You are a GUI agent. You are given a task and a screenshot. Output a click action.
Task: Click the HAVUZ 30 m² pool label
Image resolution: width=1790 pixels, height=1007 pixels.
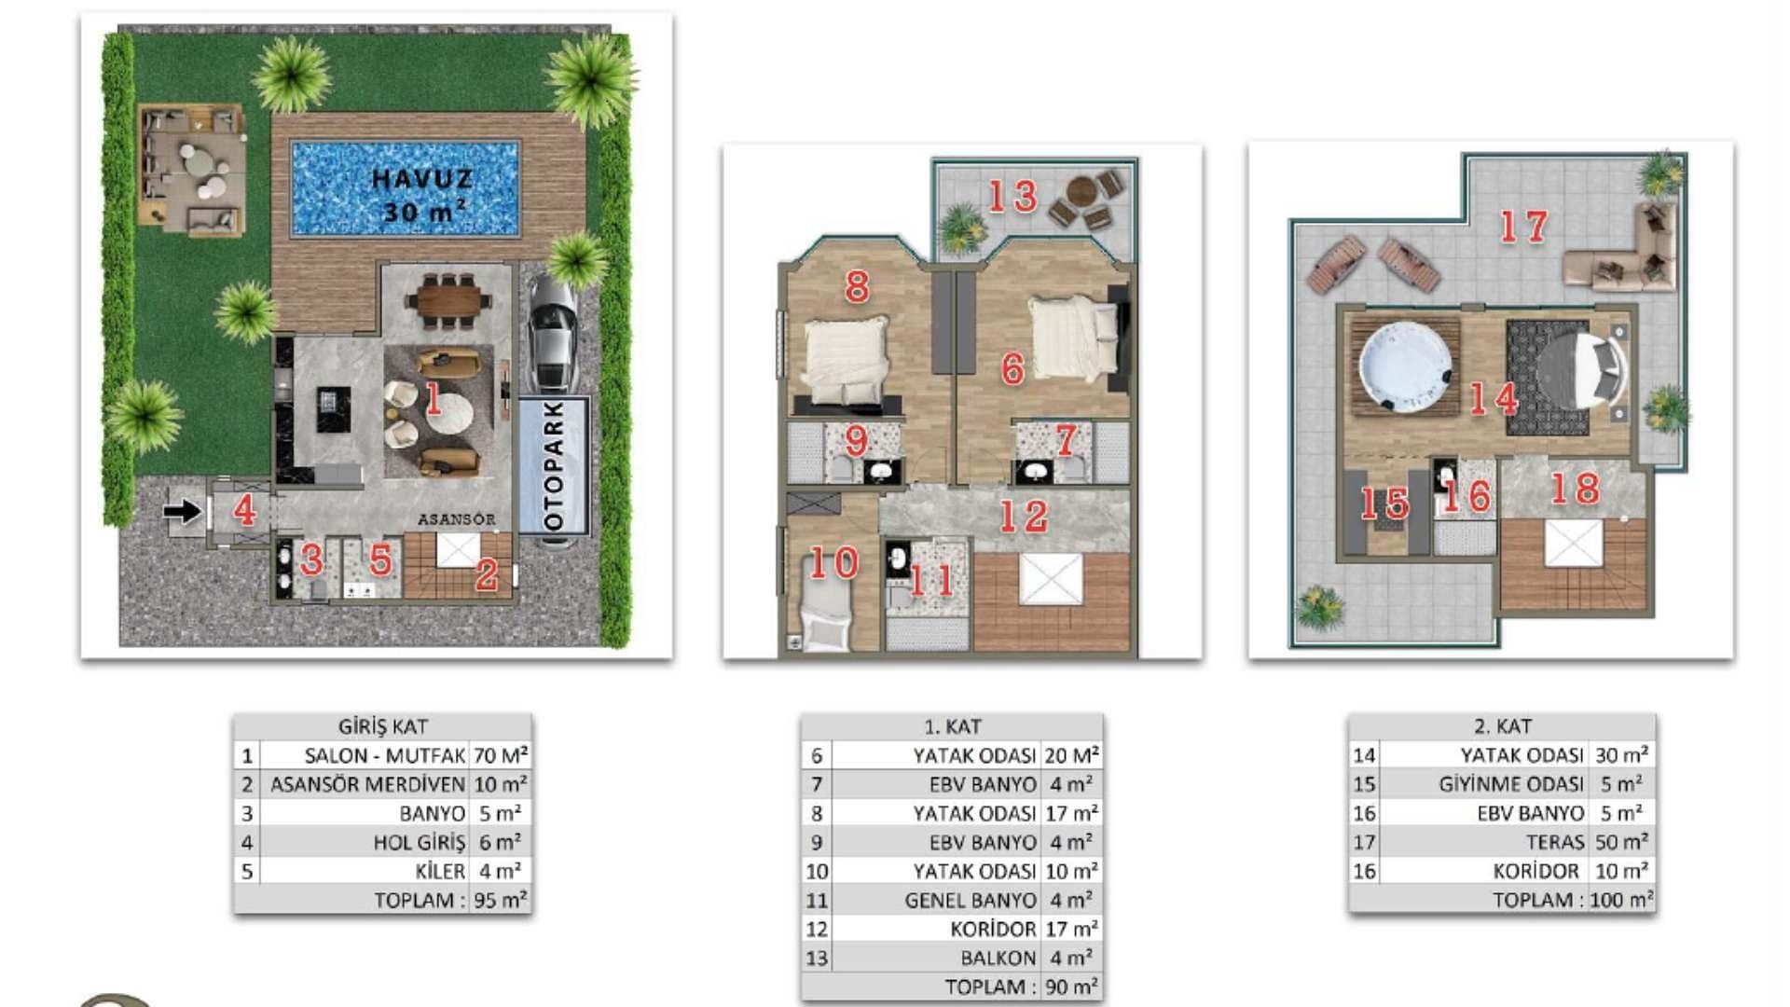click(x=422, y=195)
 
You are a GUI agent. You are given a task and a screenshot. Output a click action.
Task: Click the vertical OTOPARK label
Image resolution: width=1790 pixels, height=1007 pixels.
click(x=554, y=466)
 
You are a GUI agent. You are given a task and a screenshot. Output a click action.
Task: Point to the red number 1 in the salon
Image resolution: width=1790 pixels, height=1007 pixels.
click(x=433, y=398)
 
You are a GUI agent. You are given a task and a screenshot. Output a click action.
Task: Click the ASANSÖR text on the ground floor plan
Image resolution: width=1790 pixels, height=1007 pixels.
click(x=456, y=518)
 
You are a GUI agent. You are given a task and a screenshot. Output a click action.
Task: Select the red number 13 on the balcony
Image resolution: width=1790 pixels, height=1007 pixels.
click(x=1012, y=196)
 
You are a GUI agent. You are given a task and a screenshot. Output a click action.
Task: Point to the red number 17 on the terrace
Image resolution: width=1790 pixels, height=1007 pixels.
click(x=1523, y=227)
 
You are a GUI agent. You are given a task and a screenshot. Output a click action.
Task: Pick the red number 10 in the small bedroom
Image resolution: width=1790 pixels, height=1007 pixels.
click(x=833, y=562)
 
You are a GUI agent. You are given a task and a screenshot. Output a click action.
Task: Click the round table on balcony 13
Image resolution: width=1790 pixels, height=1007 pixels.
click(x=1081, y=190)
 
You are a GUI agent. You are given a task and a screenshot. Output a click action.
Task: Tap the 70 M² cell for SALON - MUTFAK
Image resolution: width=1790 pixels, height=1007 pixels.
click(x=501, y=755)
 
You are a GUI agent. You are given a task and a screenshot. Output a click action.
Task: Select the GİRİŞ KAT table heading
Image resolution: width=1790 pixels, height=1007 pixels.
click(x=382, y=726)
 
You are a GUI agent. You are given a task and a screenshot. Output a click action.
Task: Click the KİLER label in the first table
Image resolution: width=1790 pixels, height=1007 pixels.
click(x=440, y=871)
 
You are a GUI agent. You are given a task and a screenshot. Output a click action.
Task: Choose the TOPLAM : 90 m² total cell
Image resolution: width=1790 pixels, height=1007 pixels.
click(x=1021, y=986)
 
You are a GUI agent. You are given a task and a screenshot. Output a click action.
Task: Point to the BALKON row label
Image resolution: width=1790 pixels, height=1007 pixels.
click(x=998, y=958)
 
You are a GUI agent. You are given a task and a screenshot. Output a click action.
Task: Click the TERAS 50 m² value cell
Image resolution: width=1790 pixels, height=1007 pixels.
click(x=1621, y=842)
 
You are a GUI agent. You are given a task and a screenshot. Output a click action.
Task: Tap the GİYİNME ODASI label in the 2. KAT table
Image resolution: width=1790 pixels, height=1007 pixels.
click(x=1511, y=784)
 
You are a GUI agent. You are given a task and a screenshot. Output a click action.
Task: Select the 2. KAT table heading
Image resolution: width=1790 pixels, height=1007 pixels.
click(x=1502, y=726)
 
